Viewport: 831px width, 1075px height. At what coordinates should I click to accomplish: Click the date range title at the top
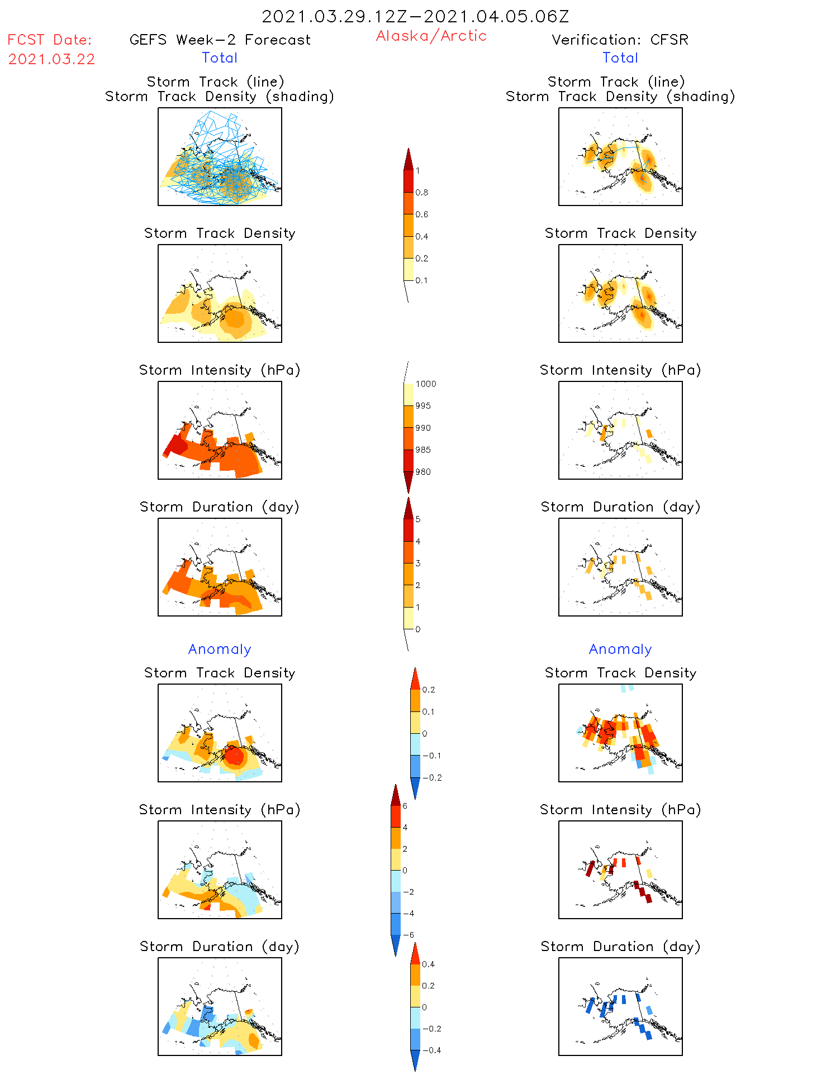(x=415, y=16)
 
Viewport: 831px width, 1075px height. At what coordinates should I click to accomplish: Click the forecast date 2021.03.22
(x=51, y=59)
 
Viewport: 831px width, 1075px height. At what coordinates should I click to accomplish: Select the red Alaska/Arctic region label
(x=431, y=36)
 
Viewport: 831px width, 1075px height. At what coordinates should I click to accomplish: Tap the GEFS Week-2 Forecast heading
(x=220, y=40)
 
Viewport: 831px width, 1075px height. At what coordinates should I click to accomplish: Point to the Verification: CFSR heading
(x=620, y=40)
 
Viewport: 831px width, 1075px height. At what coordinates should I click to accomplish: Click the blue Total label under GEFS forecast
(x=220, y=58)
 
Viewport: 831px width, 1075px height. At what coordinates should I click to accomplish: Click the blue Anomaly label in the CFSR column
(x=620, y=649)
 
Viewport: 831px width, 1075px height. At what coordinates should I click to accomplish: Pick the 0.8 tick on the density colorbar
(x=422, y=193)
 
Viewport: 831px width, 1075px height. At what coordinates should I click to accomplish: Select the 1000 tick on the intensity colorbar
(x=425, y=384)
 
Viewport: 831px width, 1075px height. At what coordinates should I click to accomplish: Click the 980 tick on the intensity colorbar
(x=423, y=472)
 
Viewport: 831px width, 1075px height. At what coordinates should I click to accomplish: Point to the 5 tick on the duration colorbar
(x=418, y=519)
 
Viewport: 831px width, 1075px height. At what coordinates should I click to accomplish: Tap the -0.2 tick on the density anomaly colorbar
(x=432, y=778)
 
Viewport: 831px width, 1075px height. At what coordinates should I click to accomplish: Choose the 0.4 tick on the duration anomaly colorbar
(x=428, y=964)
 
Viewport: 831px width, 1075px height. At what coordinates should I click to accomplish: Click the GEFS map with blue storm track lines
(x=220, y=157)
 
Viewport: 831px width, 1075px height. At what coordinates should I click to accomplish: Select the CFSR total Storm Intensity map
(x=620, y=431)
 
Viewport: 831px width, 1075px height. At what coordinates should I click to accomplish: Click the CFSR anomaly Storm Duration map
(x=620, y=1007)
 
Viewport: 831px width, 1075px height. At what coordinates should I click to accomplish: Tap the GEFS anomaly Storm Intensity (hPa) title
(x=220, y=810)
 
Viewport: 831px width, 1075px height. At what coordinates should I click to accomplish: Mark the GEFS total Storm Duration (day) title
(x=220, y=507)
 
